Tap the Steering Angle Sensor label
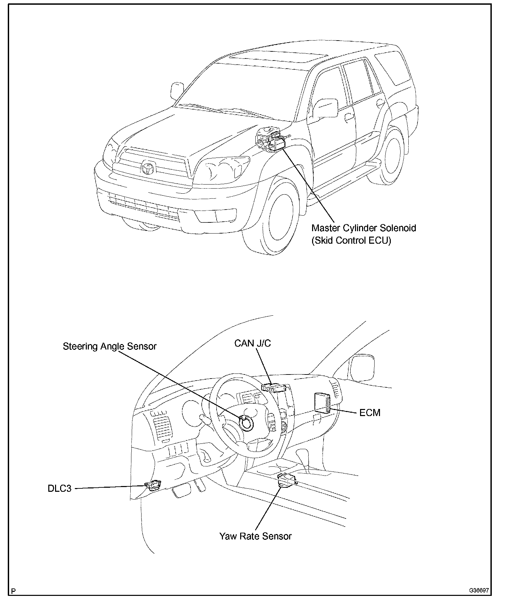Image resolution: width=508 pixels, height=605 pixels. click(110, 346)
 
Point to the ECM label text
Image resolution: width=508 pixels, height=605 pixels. click(370, 413)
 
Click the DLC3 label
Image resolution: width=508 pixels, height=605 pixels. click(59, 489)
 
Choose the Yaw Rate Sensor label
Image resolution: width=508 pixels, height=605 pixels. click(255, 536)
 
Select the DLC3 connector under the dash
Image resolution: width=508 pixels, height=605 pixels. click(154, 486)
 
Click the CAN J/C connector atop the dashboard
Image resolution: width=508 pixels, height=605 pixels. click(274, 387)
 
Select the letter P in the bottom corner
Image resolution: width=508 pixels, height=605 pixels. click(13, 591)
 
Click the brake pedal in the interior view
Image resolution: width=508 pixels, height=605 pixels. click(181, 492)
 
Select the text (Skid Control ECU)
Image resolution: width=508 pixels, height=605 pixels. click(351, 241)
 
